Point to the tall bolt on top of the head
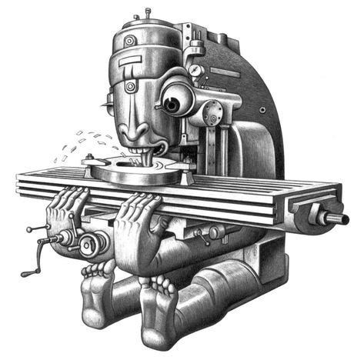[x=146, y=15]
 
